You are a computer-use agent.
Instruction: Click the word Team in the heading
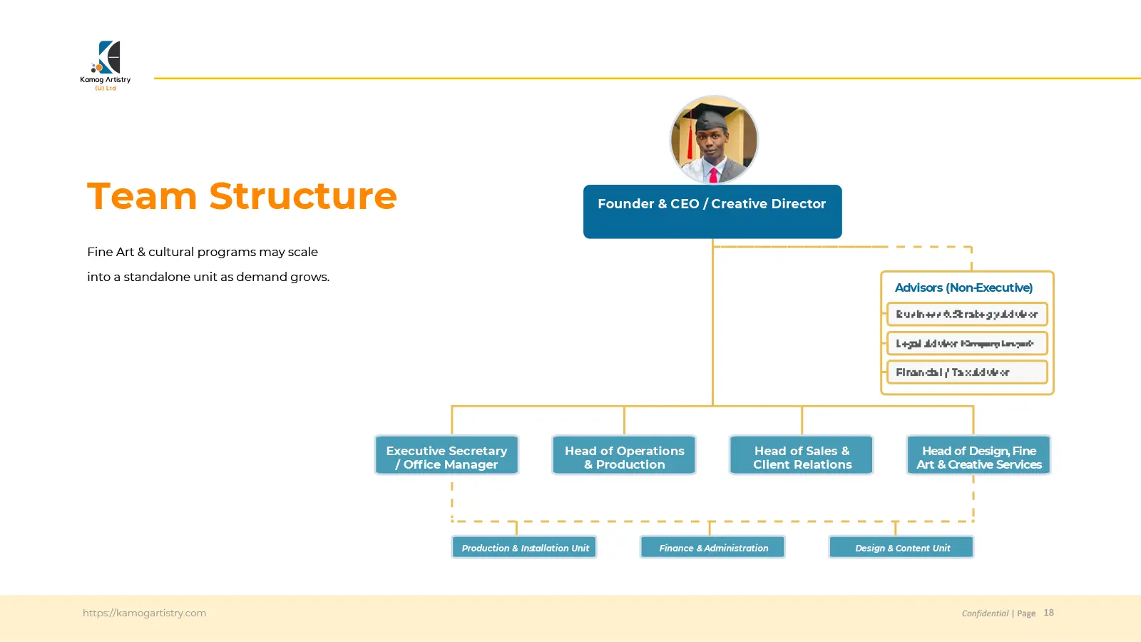142,196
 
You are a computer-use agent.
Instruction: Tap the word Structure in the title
303,196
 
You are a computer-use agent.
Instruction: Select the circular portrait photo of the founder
714,140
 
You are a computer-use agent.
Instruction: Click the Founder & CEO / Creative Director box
712,211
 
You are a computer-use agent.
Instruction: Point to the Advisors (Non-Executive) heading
963,287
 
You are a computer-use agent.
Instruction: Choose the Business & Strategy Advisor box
967,314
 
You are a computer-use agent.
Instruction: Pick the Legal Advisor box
967,343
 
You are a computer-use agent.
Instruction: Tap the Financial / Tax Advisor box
967,372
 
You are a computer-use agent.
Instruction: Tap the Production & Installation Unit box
524,547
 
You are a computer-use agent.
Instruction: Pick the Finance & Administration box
713,547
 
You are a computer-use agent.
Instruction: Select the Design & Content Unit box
901,547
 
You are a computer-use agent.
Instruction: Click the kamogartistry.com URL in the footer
144,613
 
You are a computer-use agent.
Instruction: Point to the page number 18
1048,613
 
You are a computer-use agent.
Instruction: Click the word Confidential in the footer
985,613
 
